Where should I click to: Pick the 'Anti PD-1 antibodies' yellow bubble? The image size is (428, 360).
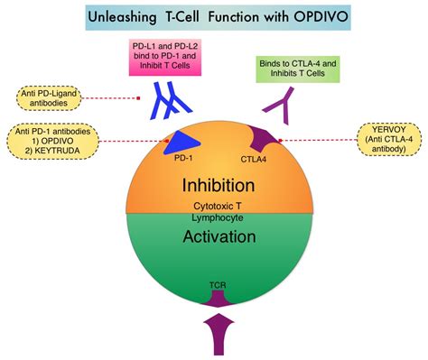click(53, 142)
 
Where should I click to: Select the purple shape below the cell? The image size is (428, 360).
click(215, 334)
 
